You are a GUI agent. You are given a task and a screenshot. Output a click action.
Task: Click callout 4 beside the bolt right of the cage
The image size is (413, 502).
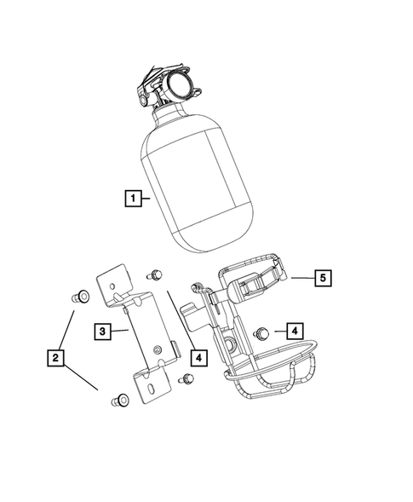point(292,330)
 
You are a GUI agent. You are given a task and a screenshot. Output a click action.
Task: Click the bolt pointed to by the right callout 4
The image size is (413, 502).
point(262,331)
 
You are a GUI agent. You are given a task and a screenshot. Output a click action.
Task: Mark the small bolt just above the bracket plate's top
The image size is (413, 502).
point(155,274)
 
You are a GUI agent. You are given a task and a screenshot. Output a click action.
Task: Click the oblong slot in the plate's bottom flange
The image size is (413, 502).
point(150,387)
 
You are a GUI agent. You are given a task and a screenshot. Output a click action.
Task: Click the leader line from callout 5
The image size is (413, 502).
point(302,277)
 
